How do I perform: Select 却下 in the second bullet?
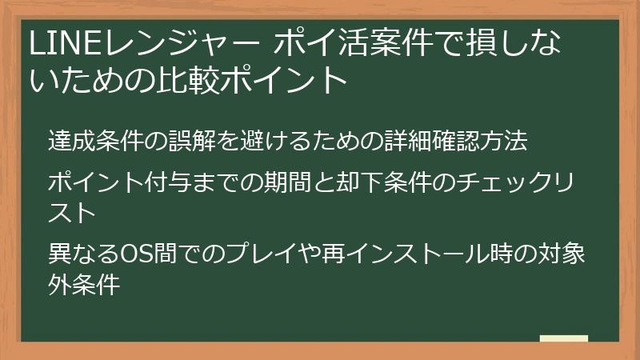(352, 183)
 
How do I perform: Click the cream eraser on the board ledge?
(564, 338)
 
